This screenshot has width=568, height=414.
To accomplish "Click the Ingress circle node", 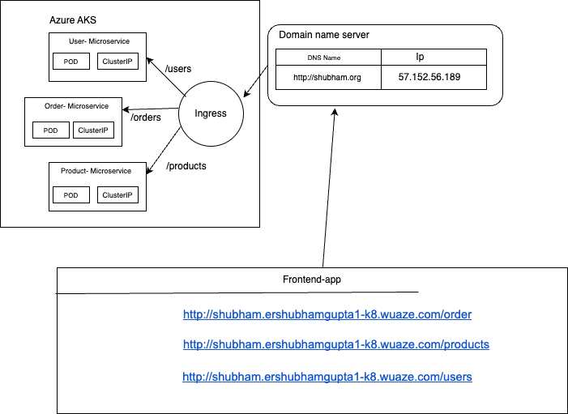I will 211,113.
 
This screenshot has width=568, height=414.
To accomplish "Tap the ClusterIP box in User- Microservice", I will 117,62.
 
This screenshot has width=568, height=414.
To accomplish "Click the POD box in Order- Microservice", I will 51,130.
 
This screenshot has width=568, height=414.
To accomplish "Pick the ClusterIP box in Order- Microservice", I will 92,130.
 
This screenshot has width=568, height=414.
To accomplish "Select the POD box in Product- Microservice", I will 70,195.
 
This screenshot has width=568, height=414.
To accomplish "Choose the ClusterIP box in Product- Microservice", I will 117,195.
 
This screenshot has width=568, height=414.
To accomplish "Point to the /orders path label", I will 146,117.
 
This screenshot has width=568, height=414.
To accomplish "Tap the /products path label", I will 186,166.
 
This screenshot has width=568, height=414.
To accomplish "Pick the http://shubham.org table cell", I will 328,78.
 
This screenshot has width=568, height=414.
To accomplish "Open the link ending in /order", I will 327,314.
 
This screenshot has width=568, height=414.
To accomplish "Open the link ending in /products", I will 336,344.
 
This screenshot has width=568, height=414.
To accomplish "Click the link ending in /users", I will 327,377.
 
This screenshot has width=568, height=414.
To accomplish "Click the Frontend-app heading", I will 311,280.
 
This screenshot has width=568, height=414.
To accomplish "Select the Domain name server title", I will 324,36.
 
